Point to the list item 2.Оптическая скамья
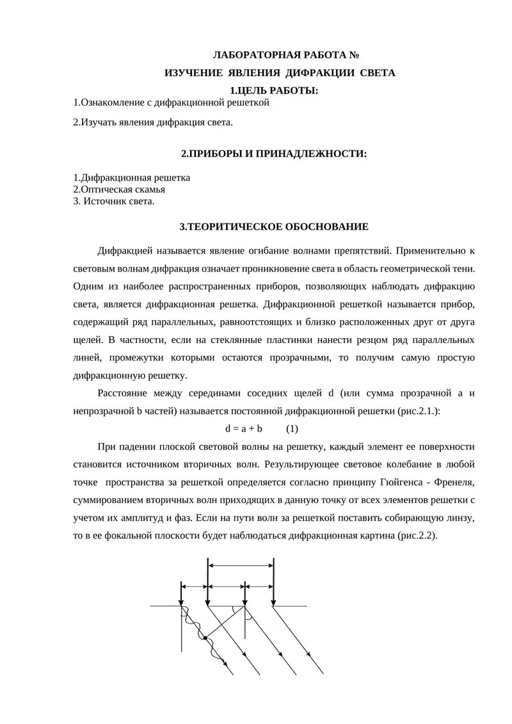tap(119, 189)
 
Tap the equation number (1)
tap(292, 428)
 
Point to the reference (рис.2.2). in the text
tap(417, 536)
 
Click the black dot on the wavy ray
tap(204, 638)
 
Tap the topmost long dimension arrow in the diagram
tap(241, 565)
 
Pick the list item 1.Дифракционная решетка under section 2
tap(131, 178)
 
